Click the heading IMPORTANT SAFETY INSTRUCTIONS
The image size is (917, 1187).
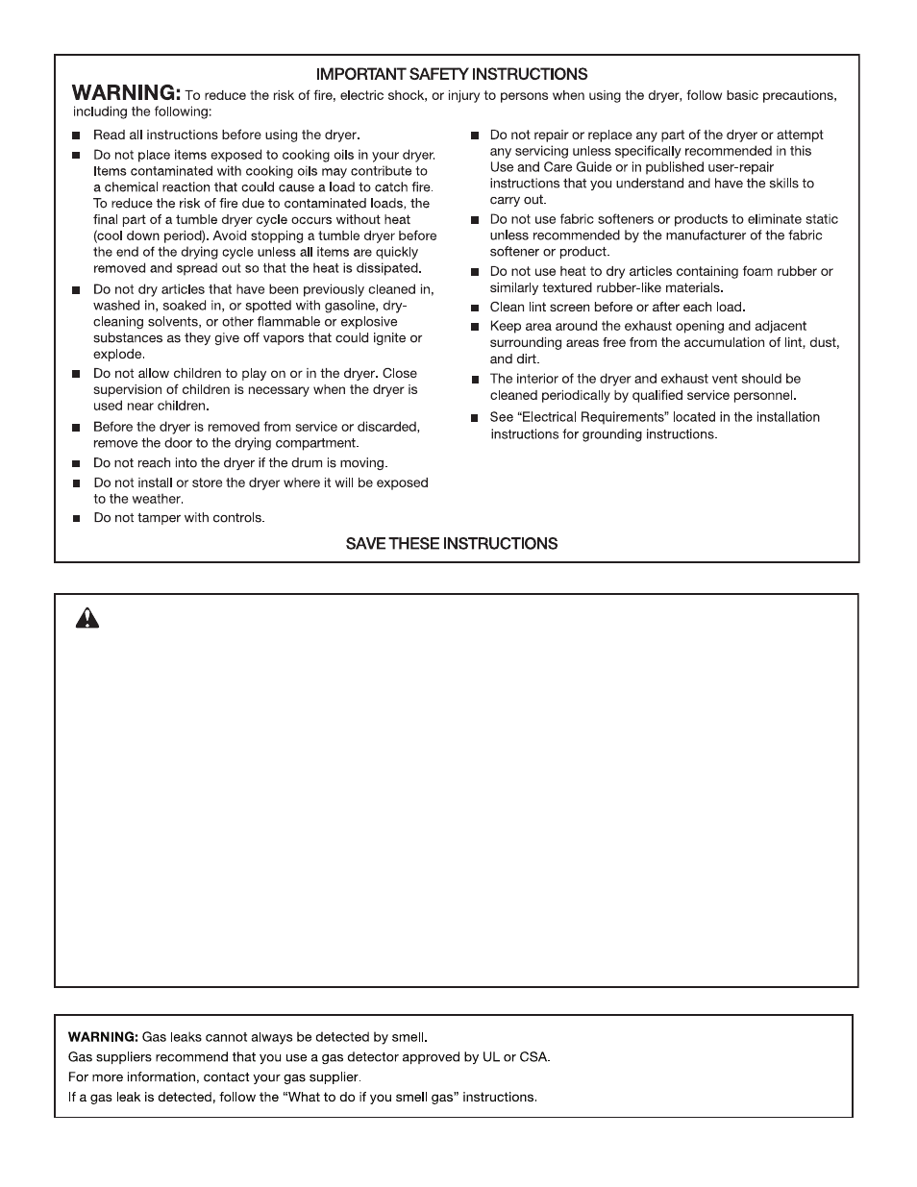click(x=452, y=74)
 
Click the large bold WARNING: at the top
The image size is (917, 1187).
click(x=125, y=93)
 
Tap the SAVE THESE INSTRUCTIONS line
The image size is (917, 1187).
click(x=452, y=543)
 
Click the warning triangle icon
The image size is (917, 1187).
click(x=87, y=618)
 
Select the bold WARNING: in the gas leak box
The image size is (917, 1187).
click(x=103, y=1037)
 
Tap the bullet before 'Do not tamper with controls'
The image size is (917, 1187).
click(x=76, y=519)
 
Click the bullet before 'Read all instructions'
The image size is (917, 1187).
click(x=76, y=136)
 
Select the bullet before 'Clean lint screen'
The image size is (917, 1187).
click(x=473, y=309)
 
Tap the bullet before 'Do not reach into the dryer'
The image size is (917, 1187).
click(x=76, y=463)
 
